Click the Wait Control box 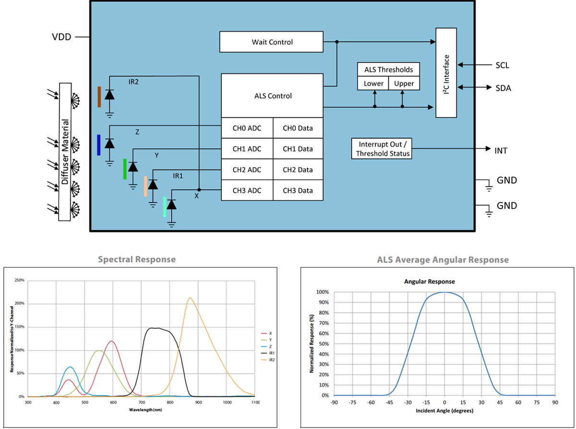coord(272,42)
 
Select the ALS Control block coord(272,96)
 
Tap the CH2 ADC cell coord(247,170)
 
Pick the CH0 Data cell coord(298,128)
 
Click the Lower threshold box coord(373,83)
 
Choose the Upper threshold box coord(404,83)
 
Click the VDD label coord(61,37)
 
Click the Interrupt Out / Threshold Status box coord(381,149)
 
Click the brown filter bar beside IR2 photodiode coord(99,97)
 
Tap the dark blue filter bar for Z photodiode coord(98,145)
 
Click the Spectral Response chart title coord(137,259)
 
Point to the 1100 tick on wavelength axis coord(254,402)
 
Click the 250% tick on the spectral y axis coord(20,280)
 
